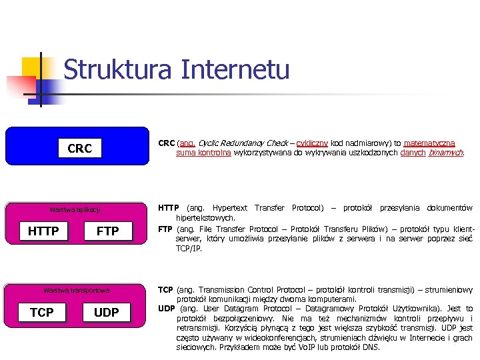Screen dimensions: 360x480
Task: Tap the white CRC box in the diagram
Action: click(80, 148)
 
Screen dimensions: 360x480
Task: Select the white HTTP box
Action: click(43, 231)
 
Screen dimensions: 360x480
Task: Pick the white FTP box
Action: click(108, 231)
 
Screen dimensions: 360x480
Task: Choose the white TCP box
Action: click(42, 312)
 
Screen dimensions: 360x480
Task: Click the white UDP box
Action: click(107, 312)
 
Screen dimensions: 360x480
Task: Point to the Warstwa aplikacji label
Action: click(75, 210)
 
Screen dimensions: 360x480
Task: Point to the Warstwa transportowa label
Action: click(76, 290)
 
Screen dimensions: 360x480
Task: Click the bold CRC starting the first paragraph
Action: click(166, 143)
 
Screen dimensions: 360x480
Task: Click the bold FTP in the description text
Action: click(165, 229)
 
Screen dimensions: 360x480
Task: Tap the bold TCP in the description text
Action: click(165, 290)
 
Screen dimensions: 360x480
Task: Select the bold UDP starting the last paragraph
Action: click(166, 309)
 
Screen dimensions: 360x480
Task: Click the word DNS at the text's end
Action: click(371, 347)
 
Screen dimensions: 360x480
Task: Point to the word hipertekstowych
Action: click(205, 218)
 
